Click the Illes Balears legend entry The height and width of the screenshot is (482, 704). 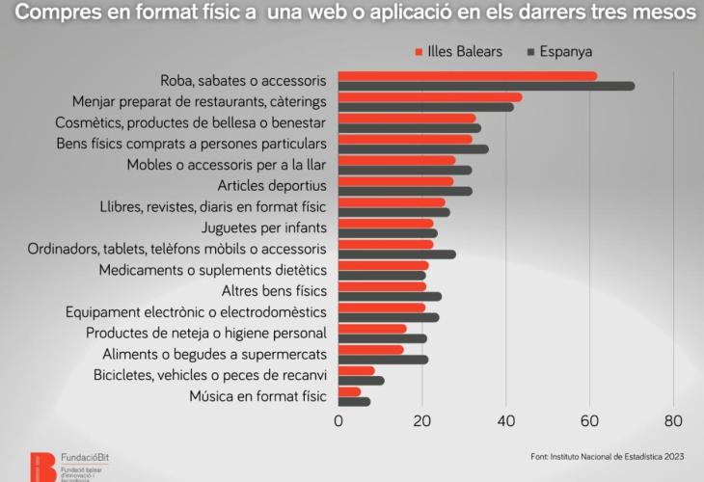pos(458,51)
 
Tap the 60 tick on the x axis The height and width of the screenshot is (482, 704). pos(589,420)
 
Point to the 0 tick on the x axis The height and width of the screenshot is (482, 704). pos(338,420)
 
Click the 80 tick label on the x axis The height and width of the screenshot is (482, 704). pos(673,420)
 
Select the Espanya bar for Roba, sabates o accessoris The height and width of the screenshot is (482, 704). pos(486,87)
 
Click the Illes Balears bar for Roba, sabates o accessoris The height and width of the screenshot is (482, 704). pos(468,76)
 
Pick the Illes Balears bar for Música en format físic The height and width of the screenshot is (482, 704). pos(349,391)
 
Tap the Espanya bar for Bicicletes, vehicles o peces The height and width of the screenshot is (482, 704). pos(361,381)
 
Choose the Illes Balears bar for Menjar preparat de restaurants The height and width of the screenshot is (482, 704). pos(430,97)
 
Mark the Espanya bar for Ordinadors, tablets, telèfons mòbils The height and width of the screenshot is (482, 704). pos(396,254)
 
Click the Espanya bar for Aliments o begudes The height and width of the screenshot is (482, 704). pos(383,360)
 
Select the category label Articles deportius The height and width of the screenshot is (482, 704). pos(273,185)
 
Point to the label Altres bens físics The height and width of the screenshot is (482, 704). pos(274,291)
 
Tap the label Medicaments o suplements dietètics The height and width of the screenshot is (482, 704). pos(213,270)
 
